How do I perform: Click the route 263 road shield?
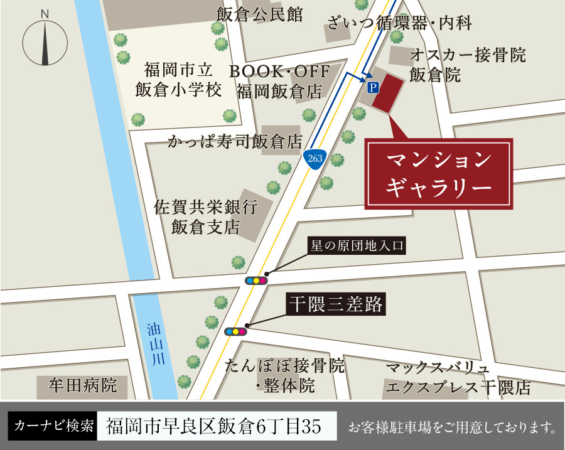(315, 158)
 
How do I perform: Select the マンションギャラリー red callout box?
(439, 173)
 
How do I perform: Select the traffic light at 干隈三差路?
(235, 331)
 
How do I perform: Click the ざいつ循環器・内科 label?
(399, 24)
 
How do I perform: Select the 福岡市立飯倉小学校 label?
(178, 79)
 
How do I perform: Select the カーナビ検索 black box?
(53, 427)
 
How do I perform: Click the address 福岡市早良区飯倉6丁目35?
(214, 427)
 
